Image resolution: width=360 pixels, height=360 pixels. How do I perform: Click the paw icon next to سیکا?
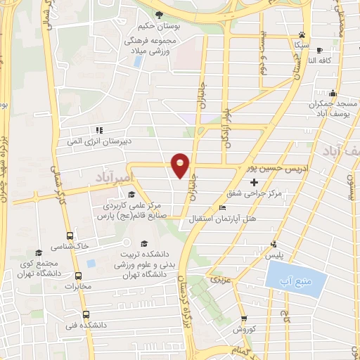pyautogui.click(x=302, y=34)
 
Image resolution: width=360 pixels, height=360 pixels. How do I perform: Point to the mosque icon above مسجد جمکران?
pyautogui.click(x=333, y=94)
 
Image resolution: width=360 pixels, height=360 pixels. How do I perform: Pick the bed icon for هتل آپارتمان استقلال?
pyautogui.click(x=223, y=208)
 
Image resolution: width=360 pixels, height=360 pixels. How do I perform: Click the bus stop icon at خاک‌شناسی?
pyautogui.click(x=70, y=236)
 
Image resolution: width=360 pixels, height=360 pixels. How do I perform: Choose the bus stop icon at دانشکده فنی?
pyautogui.click(x=86, y=315)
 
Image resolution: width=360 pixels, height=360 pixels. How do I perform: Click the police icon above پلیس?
pyautogui.click(x=274, y=245)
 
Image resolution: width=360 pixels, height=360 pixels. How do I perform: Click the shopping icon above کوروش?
pyautogui.click(x=243, y=318)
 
